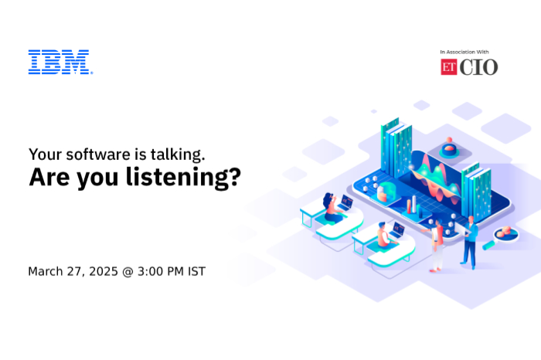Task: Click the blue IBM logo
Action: coord(60,62)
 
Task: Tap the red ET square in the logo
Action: coord(448,67)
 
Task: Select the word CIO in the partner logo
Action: coord(478,67)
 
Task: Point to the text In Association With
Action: coord(464,52)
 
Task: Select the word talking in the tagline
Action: coord(178,155)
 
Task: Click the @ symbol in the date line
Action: coord(128,272)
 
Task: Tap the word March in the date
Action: coord(45,271)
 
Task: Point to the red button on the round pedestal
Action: coord(449,148)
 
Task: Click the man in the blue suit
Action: coord(469,243)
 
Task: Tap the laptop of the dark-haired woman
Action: coord(345,202)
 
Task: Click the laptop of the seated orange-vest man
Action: coord(397,229)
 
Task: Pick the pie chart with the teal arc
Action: coord(386,192)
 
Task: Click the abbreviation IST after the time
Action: coord(196,271)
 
